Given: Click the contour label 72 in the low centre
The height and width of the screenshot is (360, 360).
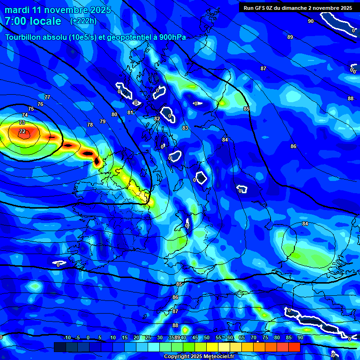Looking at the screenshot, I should (x=22, y=132).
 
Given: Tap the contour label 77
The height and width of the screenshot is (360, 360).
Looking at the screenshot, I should (x=47, y=97).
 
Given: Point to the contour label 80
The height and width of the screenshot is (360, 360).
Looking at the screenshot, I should (x=114, y=114).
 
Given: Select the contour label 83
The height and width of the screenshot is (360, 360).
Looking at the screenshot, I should (x=185, y=128).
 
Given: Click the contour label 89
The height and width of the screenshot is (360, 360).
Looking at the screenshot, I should (x=290, y=37).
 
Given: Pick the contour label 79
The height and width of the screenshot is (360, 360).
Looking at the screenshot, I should (x=103, y=121).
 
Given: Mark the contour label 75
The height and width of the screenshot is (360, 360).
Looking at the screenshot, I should (x=31, y=109).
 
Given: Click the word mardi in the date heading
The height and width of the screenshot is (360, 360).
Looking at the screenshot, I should (x=17, y=10).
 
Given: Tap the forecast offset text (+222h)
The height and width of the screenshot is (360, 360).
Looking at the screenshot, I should (x=83, y=21).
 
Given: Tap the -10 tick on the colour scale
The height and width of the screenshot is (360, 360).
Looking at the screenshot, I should (x=67, y=337).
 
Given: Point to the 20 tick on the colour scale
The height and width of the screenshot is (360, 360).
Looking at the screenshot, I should (x=136, y=337).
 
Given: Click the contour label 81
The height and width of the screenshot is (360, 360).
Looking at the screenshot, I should (x=130, y=112).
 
